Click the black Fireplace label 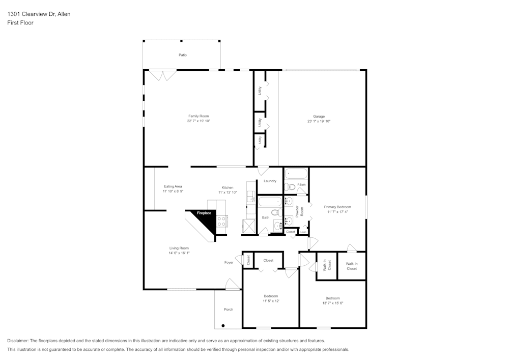click(x=204, y=213)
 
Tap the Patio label click(x=182, y=55)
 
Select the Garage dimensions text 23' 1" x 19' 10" click(x=319, y=121)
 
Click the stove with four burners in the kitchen click(x=222, y=221)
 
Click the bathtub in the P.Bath click(x=296, y=173)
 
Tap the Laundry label click(x=270, y=181)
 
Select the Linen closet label click(x=303, y=232)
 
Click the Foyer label click(x=229, y=262)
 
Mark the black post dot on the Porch click(x=223, y=325)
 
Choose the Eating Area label click(x=173, y=186)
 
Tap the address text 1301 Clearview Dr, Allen click(x=39, y=14)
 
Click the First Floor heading click(x=20, y=23)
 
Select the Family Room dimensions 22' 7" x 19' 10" click(x=199, y=121)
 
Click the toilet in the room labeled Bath click(x=275, y=212)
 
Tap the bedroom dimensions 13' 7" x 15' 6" click(x=332, y=303)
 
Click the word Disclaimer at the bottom click(x=18, y=341)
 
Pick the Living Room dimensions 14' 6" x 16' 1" click(x=179, y=253)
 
